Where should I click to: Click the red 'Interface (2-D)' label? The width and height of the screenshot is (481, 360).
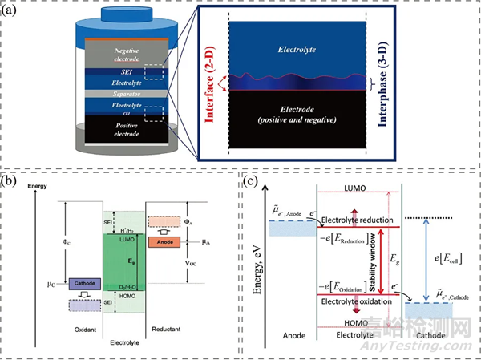211,85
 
